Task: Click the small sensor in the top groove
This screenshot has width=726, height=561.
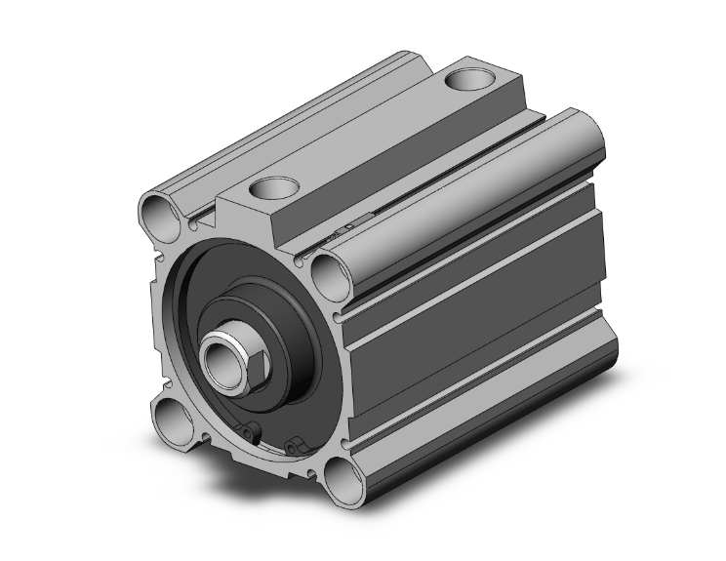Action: [x=342, y=230]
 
